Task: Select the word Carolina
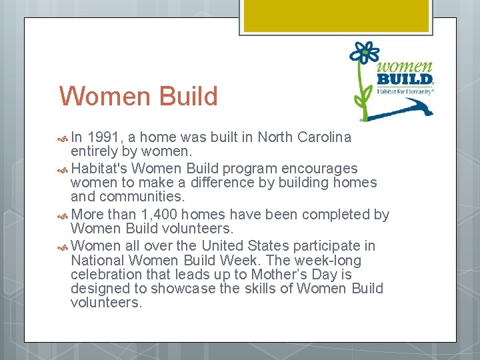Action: tap(324, 137)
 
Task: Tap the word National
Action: tap(98, 261)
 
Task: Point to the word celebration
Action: tap(107, 275)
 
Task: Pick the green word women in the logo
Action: tap(404, 67)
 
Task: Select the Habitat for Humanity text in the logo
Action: tap(405, 91)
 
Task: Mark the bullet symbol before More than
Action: tap(63, 215)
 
